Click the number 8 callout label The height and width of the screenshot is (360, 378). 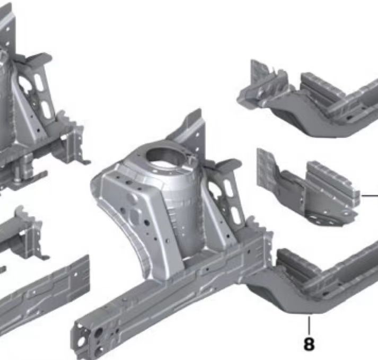309,344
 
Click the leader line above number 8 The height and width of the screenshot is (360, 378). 309,325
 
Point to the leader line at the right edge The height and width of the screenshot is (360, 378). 370,196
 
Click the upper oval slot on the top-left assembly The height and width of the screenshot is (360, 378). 38,82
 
